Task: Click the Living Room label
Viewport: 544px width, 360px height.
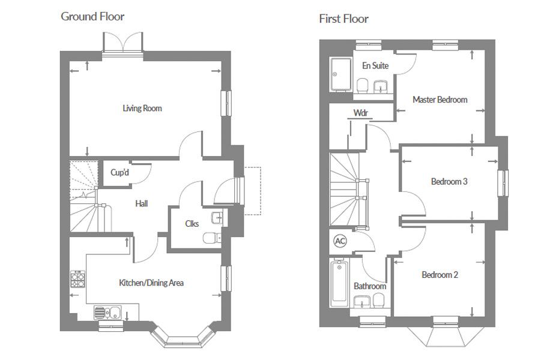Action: (142, 108)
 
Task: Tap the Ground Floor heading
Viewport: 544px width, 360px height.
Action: (92, 16)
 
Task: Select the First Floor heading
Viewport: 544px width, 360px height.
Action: (344, 19)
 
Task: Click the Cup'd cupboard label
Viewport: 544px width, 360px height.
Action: (119, 172)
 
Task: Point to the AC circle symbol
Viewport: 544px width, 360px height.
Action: (340, 241)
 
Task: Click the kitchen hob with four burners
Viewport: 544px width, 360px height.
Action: (77, 279)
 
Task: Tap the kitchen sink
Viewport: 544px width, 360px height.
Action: (107, 313)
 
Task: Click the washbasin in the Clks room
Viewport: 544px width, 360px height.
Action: (217, 218)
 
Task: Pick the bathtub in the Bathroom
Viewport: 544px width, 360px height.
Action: (339, 283)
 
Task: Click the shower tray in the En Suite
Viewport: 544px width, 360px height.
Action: (340, 74)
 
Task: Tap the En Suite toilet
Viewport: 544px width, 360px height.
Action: (363, 85)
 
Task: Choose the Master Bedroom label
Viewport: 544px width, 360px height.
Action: (440, 100)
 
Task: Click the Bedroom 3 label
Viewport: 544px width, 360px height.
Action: (449, 181)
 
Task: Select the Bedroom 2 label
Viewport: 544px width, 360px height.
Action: (440, 275)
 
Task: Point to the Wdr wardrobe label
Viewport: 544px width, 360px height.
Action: (360, 113)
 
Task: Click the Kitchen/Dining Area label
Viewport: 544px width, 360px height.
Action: (151, 283)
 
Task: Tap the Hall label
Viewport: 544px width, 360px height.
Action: (142, 203)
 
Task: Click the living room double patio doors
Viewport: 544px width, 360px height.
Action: (123, 43)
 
